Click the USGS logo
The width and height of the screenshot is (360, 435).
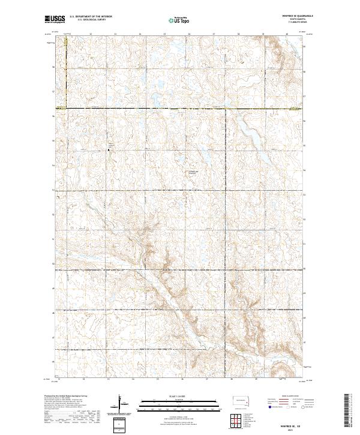click(54, 20)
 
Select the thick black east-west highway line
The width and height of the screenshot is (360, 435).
click(180, 109)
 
